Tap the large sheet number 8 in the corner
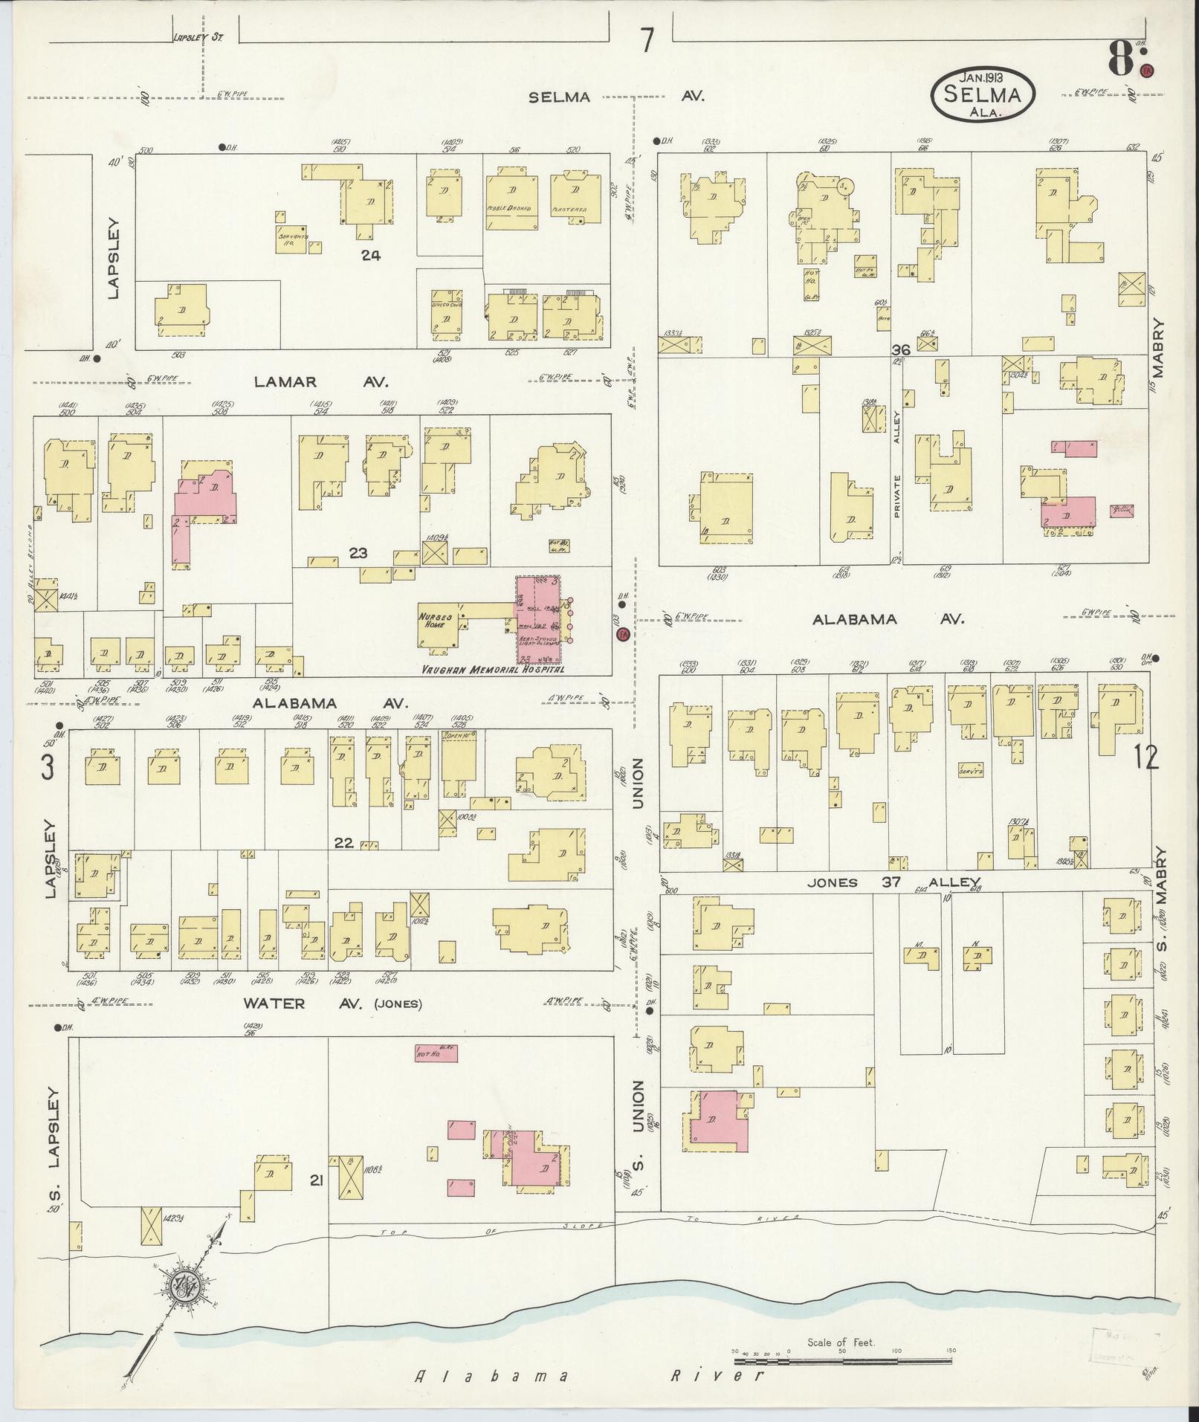tap(1122, 58)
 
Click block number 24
tap(371, 256)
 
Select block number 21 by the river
tap(315, 1179)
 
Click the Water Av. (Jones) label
tap(332, 1004)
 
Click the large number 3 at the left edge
tap(48, 767)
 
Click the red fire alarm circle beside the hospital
tap(623, 634)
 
